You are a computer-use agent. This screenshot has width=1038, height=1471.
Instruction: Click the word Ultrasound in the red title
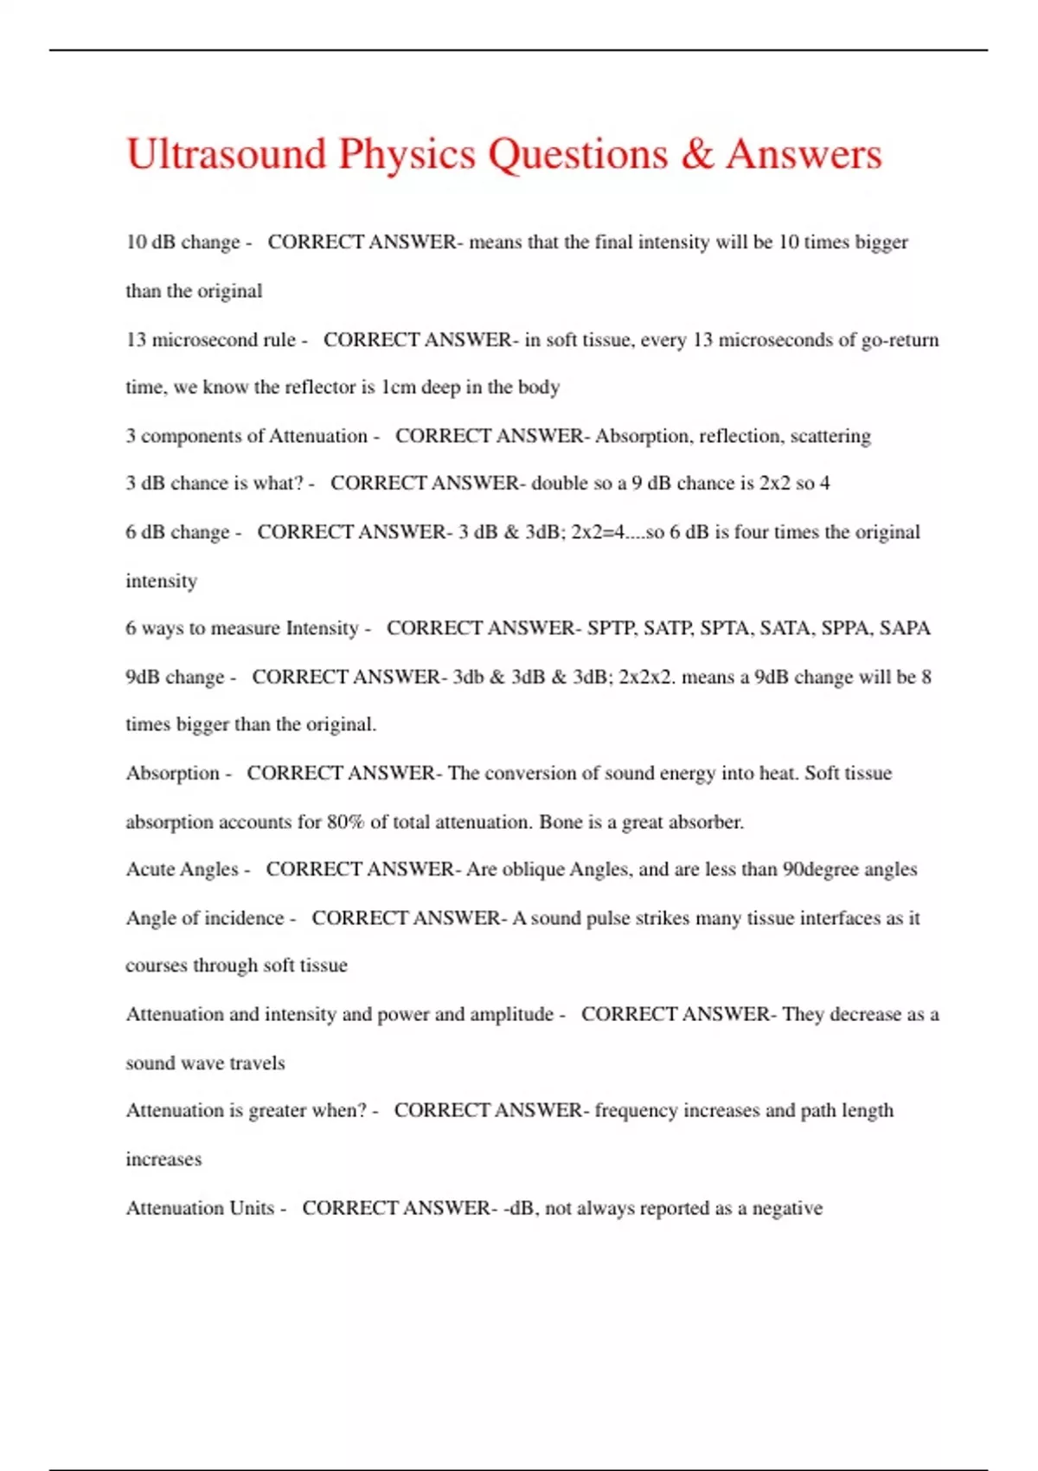click(x=226, y=155)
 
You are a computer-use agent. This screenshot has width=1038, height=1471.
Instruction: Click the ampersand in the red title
click(x=696, y=155)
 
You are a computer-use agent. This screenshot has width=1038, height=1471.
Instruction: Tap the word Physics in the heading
click(x=407, y=155)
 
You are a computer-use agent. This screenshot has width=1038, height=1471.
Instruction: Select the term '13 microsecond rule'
click(x=211, y=340)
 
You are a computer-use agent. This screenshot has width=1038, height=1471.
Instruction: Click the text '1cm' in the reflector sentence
click(x=399, y=387)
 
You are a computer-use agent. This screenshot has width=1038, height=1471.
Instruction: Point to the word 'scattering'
click(x=830, y=436)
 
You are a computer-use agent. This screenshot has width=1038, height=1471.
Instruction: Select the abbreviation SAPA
click(x=905, y=628)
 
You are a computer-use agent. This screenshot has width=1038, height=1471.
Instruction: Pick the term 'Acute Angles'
click(x=182, y=870)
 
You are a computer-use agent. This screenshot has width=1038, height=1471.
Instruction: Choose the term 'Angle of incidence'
click(x=205, y=918)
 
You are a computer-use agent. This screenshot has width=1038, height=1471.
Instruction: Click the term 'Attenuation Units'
click(x=200, y=1208)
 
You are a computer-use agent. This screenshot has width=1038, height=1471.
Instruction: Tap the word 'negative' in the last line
click(x=787, y=1208)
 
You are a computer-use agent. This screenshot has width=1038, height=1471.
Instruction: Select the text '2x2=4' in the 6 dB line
click(x=599, y=532)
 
